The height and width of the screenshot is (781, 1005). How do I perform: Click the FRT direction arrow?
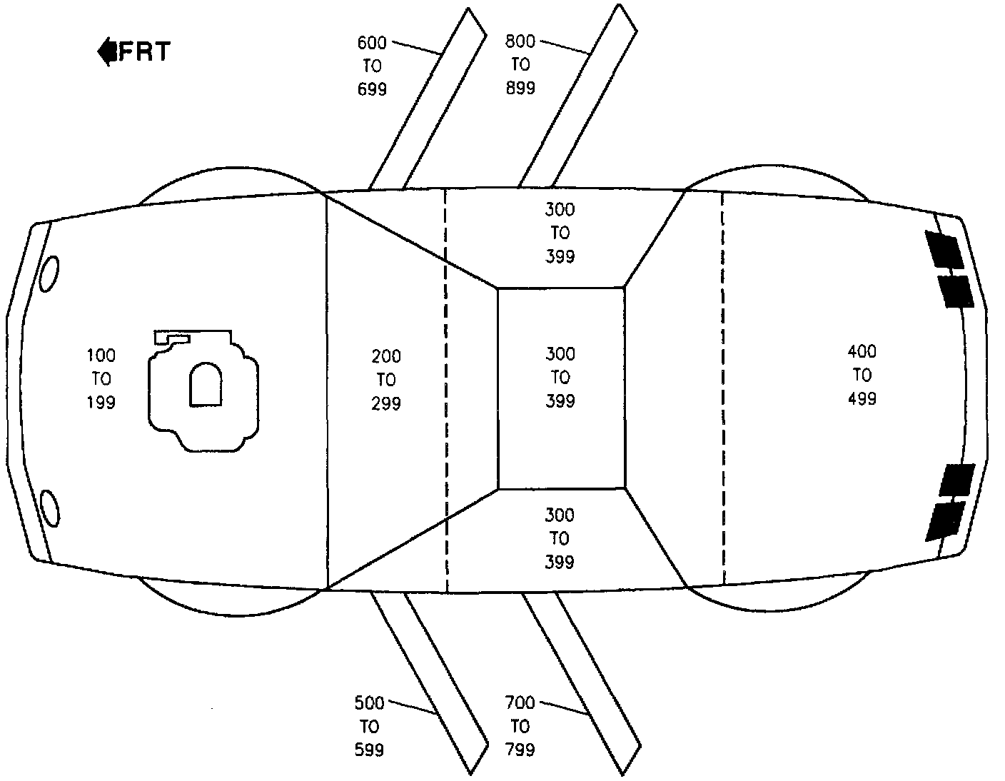click(x=107, y=51)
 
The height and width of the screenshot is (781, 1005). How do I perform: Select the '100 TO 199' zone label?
click(x=101, y=379)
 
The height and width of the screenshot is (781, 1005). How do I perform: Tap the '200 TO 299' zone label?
click(x=386, y=380)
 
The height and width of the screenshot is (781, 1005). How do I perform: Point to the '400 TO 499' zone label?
click(x=862, y=375)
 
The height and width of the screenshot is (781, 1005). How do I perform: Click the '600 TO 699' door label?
click(x=372, y=66)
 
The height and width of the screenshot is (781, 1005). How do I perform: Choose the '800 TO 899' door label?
click(x=520, y=65)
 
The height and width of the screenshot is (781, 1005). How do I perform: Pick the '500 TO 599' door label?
click(x=369, y=727)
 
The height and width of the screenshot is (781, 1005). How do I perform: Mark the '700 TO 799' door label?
click(x=520, y=726)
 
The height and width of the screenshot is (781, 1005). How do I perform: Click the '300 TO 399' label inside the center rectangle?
click(x=560, y=378)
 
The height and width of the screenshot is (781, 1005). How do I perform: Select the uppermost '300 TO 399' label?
click(x=560, y=233)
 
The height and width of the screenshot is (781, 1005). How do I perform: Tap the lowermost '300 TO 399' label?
click(x=560, y=538)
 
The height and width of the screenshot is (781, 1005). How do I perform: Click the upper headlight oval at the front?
click(x=49, y=273)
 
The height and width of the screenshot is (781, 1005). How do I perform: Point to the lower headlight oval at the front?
click(x=49, y=508)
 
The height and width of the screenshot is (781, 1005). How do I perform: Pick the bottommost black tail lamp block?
click(x=944, y=521)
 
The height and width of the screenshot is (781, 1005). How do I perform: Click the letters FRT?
click(x=145, y=51)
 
